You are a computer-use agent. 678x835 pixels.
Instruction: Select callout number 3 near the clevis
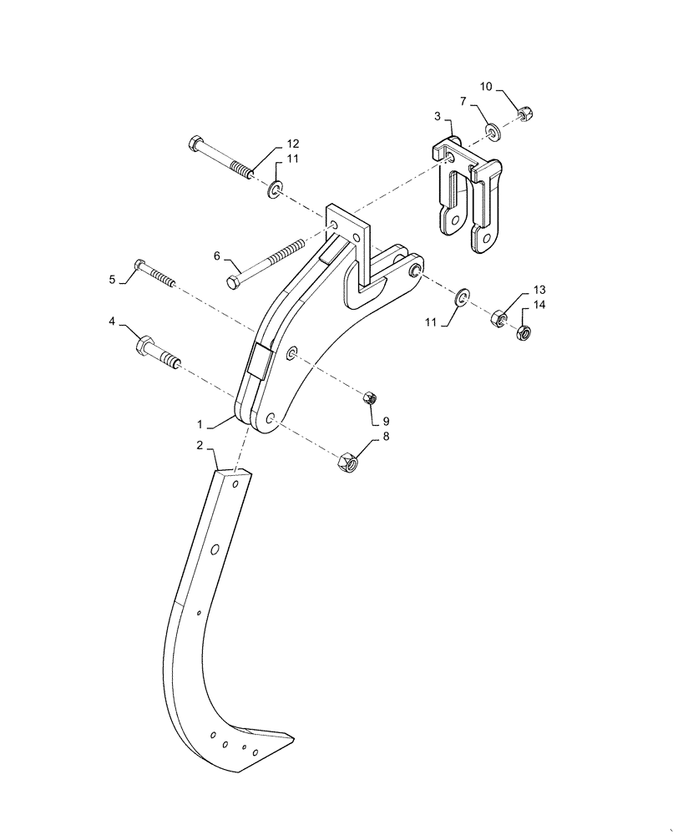click(x=437, y=116)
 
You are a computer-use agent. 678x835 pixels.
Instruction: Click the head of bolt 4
click(x=143, y=342)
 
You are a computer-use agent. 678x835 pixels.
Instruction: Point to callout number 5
click(x=112, y=279)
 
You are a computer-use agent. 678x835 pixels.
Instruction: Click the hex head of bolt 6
click(x=234, y=282)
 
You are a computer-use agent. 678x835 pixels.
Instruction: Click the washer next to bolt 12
click(x=275, y=191)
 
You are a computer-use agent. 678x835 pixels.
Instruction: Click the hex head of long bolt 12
click(x=195, y=145)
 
